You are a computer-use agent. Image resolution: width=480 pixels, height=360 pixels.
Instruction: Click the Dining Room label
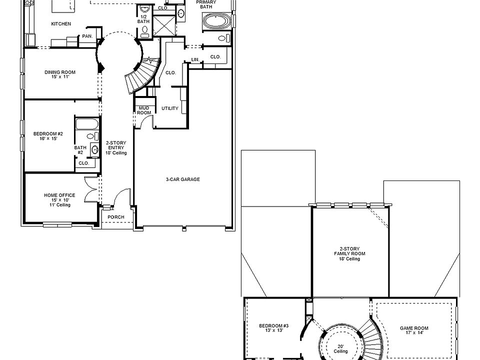pyautogui.click(x=60, y=74)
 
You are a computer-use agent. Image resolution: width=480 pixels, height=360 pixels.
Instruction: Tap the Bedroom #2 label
pyautogui.click(x=48, y=136)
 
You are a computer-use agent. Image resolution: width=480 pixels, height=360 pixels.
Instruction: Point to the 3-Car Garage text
pyautogui.click(x=183, y=179)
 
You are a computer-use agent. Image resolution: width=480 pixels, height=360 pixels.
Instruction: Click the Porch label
pyautogui.click(x=116, y=217)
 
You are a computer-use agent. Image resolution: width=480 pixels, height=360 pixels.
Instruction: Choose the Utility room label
pyautogui.click(x=170, y=108)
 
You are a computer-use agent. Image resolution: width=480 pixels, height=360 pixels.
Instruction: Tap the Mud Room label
pyautogui.click(x=144, y=110)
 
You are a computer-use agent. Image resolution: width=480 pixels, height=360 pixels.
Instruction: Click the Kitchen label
pyautogui.click(x=61, y=24)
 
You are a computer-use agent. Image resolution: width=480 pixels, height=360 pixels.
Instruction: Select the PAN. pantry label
pyautogui.click(x=87, y=36)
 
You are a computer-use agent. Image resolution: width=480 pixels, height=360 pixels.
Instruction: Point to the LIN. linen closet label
pyautogui.click(x=195, y=60)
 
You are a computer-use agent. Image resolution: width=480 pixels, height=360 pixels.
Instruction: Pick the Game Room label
pyautogui.click(x=414, y=331)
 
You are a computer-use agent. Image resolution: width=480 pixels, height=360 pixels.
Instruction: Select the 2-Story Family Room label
pyautogui.click(x=349, y=253)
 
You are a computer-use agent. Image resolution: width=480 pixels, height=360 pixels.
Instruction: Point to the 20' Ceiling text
pyautogui.click(x=341, y=348)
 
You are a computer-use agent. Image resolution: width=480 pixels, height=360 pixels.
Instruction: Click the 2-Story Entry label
pyautogui.click(x=116, y=147)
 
